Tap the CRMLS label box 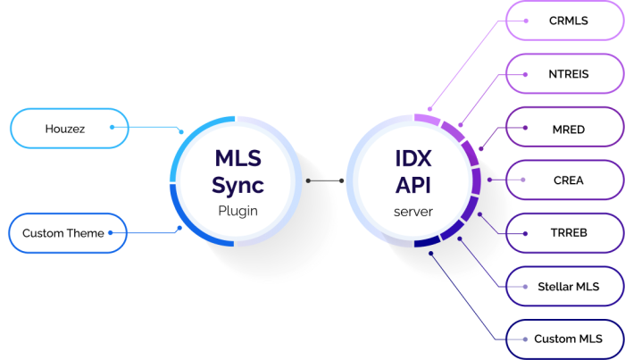pos(565,20)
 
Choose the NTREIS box pos(565,74)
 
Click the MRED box pos(565,129)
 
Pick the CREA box pos(565,180)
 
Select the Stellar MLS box pos(565,287)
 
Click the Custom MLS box pos(565,339)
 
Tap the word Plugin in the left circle pos(237,212)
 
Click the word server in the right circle pos(412,212)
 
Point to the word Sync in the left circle pos(237,186)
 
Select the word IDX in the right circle pos(412,159)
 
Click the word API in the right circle pos(412,186)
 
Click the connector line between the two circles pos(325,180)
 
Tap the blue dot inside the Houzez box pos(112,127)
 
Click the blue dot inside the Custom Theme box pos(112,233)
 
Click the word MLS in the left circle pos(237,159)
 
